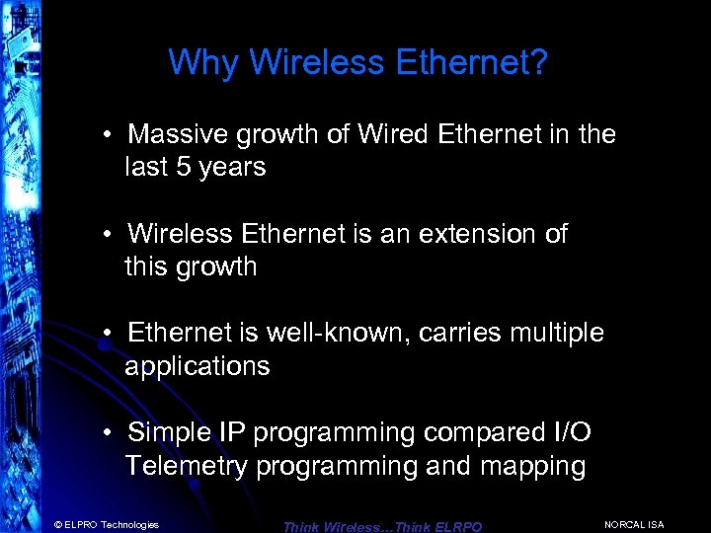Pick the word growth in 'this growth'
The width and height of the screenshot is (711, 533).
(211, 267)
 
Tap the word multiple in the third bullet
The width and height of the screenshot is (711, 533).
(556, 333)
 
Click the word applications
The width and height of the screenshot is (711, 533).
(197, 366)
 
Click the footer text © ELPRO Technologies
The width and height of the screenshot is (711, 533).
(107, 524)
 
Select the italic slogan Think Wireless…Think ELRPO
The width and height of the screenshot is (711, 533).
(382, 527)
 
